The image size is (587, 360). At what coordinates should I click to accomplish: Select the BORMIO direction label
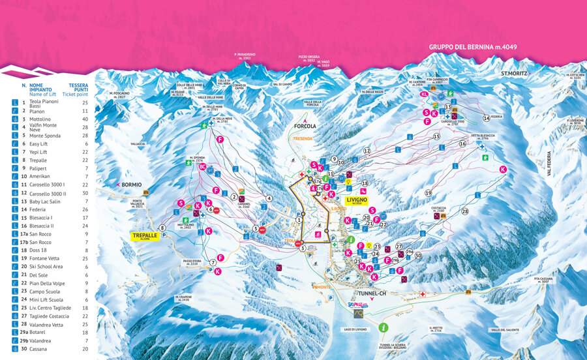(130, 185)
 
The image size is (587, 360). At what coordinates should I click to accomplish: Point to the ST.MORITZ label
(513, 74)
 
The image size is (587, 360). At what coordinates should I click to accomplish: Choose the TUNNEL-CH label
(388, 293)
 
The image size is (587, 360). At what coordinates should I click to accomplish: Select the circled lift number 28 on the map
(465, 211)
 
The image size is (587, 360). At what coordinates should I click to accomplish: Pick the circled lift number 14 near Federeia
(486, 118)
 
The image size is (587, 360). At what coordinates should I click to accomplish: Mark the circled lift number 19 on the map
(429, 193)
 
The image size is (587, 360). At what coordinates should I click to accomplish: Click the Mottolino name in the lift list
(41, 119)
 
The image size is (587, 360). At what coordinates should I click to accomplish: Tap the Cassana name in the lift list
(40, 349)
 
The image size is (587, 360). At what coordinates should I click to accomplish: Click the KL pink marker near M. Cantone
(424, 94)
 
